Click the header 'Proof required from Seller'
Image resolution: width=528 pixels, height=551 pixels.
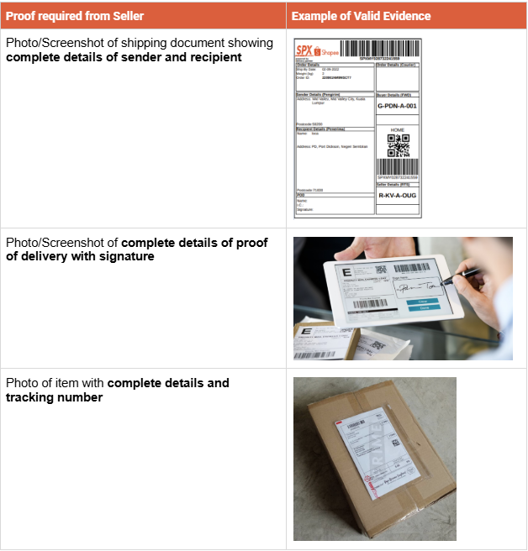point(75,16)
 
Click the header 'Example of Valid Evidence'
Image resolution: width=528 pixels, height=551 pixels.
point(361,16)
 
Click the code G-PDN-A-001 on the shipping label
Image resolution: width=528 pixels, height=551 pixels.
point(397,107)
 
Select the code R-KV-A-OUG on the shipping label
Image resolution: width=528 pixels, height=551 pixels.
point(397,194)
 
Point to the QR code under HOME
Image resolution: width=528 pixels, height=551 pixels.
point(398,145)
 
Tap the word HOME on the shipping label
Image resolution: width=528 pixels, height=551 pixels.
point(398,129)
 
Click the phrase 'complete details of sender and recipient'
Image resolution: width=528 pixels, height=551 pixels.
point(124,57)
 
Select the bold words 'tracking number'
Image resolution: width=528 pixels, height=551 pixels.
point(55,397)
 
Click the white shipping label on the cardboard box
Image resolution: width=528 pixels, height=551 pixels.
point(375,458)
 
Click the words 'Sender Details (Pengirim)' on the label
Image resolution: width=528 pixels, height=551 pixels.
point(317,94)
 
